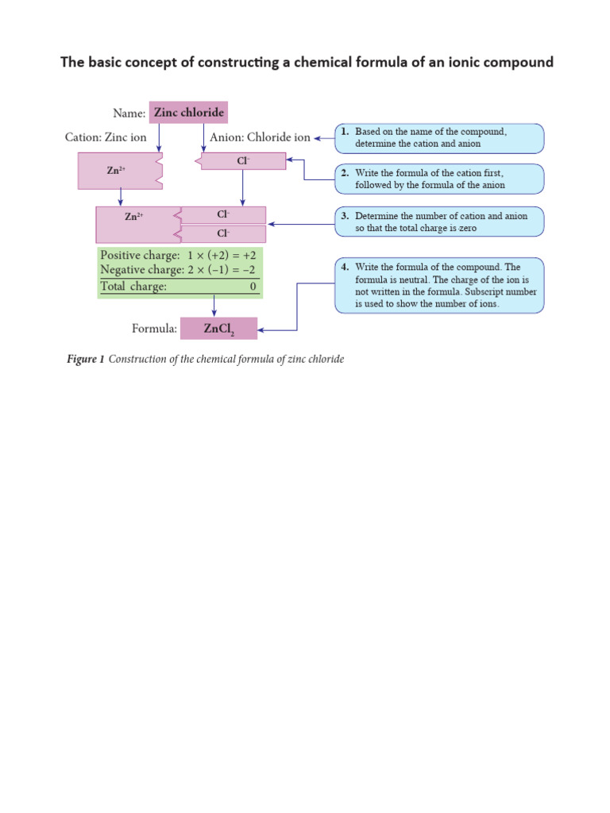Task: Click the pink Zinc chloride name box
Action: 188,113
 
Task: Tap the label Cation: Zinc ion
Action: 106,137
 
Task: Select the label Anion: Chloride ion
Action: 260,137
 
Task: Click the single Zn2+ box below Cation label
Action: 119,171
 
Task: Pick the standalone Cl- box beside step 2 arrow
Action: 242,161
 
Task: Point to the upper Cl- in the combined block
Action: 224,215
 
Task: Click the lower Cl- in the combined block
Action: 224,234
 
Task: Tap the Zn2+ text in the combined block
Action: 133,216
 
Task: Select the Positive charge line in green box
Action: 178,256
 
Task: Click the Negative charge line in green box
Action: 178,271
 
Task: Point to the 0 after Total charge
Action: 253,287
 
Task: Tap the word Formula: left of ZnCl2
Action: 153,329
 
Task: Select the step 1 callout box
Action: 439,138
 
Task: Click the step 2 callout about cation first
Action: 439,179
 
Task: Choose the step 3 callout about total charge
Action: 439,222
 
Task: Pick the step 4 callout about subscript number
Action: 439,285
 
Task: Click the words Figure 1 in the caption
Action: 86,360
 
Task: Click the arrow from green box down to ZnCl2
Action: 214,307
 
